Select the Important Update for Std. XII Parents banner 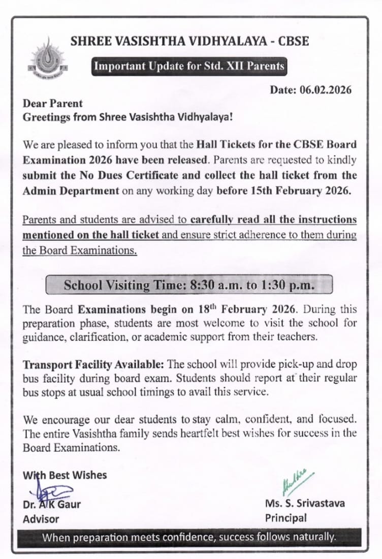point(189,67)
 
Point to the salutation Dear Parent point(53,103)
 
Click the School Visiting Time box point(189,285)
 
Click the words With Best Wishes point(65,475)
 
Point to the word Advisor point(41,519)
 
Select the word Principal point(286,518)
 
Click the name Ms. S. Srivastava point(305,503)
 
